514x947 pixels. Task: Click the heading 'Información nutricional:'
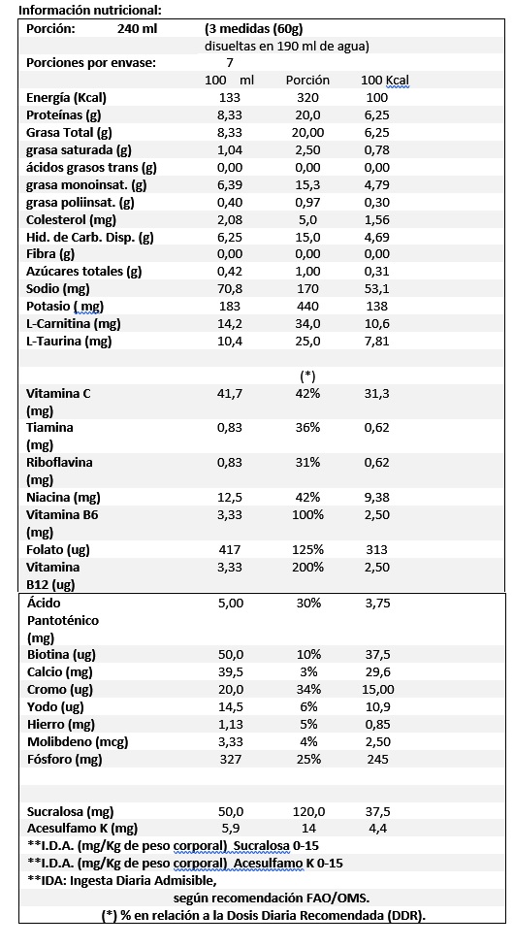click(82, 11)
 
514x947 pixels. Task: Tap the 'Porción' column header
click(307, 81)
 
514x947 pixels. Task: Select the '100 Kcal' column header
click(385, 81)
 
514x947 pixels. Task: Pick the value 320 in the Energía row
click(307, 98)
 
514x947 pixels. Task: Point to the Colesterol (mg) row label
click(71, 220)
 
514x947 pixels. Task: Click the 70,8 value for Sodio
click(230, 289)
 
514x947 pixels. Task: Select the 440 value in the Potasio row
click(307, 307)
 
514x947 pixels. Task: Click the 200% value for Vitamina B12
click(307, 567)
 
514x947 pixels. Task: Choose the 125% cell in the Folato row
click(307, 549)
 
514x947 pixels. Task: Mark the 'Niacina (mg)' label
click(63, 499)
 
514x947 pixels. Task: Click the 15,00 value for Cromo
click(377, 690)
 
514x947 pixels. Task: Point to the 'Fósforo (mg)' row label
click(65, 760)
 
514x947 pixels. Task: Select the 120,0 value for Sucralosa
click(307, 812)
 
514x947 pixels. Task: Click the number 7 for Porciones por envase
click(230, 63)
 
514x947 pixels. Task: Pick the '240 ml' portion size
click(137, 29)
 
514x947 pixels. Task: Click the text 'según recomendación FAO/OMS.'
click(272, 898)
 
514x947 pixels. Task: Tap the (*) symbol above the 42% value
click(307, 376)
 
